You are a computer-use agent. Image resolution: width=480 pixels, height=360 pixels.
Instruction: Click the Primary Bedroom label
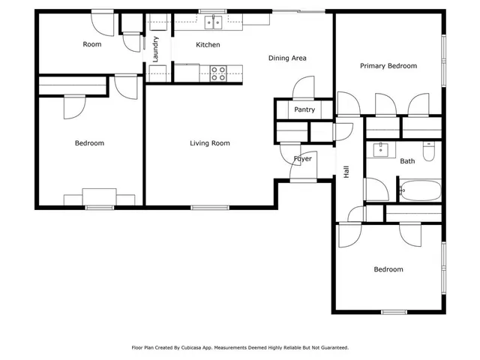pos(388,66)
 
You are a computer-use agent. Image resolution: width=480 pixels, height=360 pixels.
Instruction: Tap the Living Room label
pos(209,143)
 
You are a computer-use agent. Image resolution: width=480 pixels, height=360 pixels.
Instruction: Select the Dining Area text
pos(287,58)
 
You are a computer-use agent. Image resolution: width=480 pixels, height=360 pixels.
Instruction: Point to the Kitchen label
pos(208,45)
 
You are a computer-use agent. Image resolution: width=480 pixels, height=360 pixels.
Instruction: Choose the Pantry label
pos(304,109)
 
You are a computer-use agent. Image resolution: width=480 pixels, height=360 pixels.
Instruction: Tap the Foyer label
pos(302,159)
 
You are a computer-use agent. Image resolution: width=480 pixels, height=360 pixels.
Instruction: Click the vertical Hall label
pos(346,172)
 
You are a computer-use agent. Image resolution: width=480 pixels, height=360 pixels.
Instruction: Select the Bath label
pos(407,161)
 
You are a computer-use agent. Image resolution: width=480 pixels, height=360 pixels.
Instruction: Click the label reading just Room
pos(91,44)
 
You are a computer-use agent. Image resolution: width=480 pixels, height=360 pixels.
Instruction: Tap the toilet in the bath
pos(428,152)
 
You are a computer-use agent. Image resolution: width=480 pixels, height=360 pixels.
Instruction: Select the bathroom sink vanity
pos(380,148)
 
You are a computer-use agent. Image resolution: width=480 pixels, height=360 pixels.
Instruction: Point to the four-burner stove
pos(218,73)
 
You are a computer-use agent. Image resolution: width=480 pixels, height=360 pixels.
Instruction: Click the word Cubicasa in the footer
pos(197,348)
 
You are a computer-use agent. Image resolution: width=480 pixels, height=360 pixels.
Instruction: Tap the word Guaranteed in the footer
pos(331,348)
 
